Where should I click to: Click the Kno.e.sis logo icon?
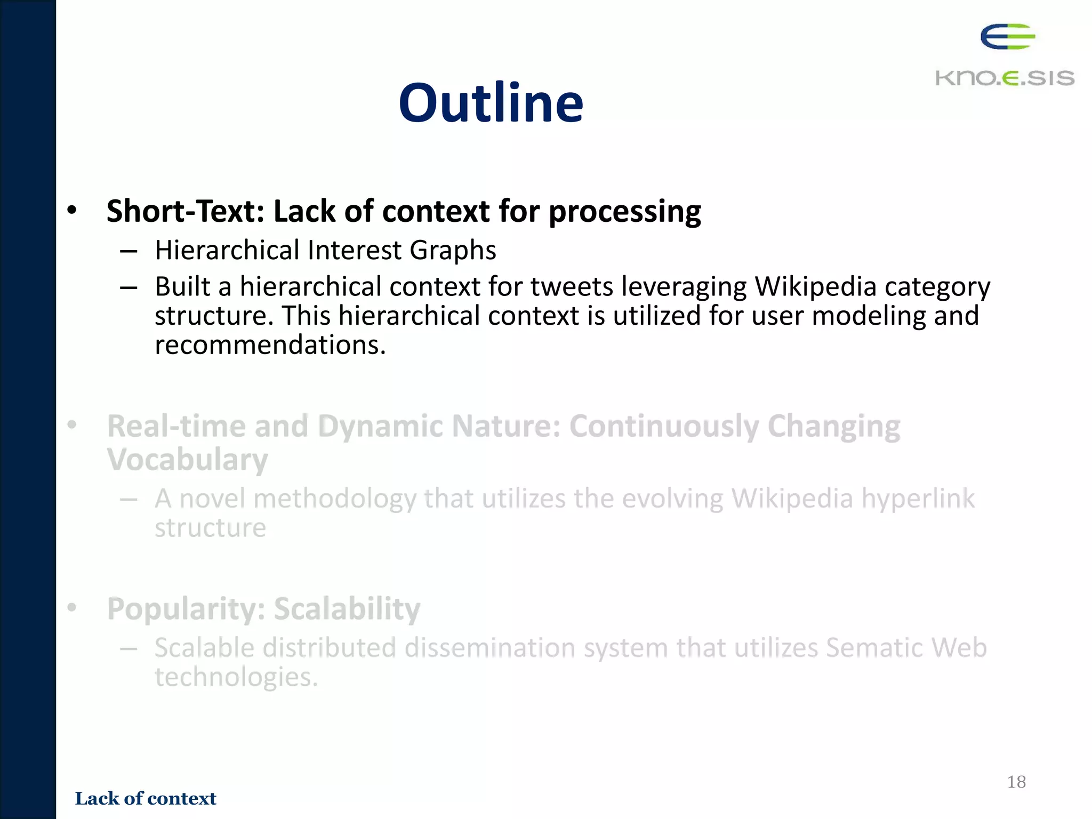point(1007,37)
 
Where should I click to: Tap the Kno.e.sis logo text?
point(1005,78)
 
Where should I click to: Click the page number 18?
point(1016,782)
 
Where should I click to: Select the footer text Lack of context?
point(146,798)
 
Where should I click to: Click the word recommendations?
point(270,345)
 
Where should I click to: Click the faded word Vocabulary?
point(187,460)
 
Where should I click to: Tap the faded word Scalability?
point(347,609)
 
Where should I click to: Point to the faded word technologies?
point(236,678)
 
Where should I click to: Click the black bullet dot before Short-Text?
point(72,210)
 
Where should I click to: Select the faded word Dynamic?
point(380,427)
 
